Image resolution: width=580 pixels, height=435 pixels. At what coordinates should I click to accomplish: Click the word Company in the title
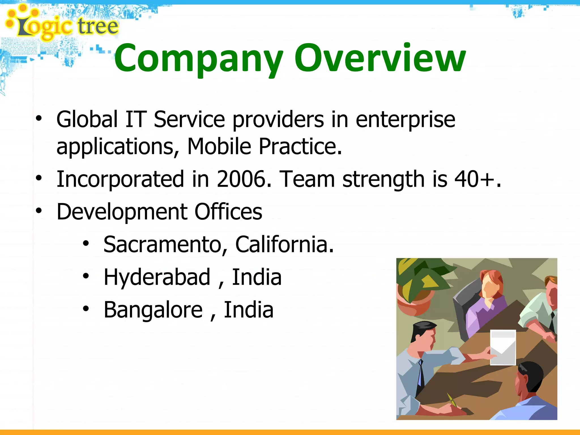198,59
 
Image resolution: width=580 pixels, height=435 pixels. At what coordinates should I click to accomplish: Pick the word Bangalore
153,310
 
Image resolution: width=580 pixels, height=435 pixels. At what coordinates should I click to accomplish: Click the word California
284,244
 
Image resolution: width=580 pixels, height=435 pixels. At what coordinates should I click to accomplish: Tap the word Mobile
219,146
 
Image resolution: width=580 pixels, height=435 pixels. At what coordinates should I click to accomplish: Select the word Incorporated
120,179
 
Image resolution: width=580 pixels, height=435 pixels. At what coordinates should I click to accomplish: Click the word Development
122,212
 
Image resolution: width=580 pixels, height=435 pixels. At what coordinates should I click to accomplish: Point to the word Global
87,119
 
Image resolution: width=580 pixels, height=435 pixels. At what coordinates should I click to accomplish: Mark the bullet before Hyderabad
86,276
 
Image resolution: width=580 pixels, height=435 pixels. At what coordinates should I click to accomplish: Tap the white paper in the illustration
503,347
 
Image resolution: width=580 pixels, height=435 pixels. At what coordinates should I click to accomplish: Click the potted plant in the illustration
418,286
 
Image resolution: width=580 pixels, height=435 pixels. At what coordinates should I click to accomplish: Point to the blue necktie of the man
421,374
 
